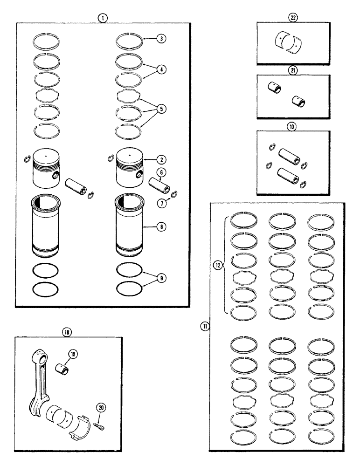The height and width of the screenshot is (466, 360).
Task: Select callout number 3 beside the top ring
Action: (160, 40)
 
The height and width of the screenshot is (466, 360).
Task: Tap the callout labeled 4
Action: (160, 69)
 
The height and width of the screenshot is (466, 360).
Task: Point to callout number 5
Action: (160, 109)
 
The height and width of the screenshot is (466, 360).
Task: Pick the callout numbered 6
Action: (160, 172)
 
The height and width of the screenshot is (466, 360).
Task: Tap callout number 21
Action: (293, 70)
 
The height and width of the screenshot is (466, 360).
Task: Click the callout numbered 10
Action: (293, 126)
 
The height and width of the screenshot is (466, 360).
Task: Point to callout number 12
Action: (218, 266)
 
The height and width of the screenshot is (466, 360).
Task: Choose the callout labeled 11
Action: (204, 326)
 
